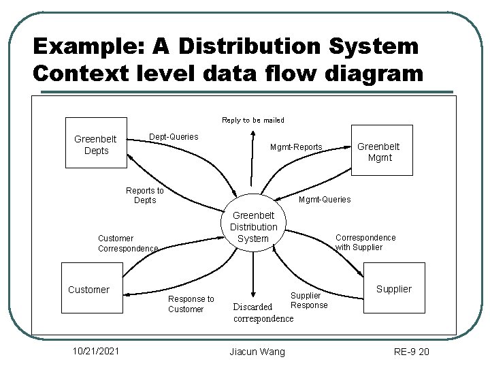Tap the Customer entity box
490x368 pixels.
(x=88, y=290)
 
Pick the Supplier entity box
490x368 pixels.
(x=394, y=289)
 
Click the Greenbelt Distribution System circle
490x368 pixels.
(x=253, y=226)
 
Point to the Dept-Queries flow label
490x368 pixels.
(x=174, y=137)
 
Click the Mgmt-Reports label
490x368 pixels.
(x=296, y=147)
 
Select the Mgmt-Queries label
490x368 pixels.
(x=325, y=200)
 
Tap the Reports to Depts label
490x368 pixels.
(x=145, y=196)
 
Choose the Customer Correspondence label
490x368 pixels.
(x=128, y=244)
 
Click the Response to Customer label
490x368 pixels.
(x=191, y=304)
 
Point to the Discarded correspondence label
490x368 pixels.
(x=263, y=312)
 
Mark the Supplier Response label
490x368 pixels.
(x=308, y=301)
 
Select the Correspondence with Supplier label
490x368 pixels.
(x=365, y=243)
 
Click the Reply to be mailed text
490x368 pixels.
(x=253, y=120)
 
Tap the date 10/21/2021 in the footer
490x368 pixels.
(x=97, y=351)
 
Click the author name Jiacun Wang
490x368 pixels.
(x=257, y=352)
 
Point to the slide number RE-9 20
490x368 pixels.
(x=412, y=352)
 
